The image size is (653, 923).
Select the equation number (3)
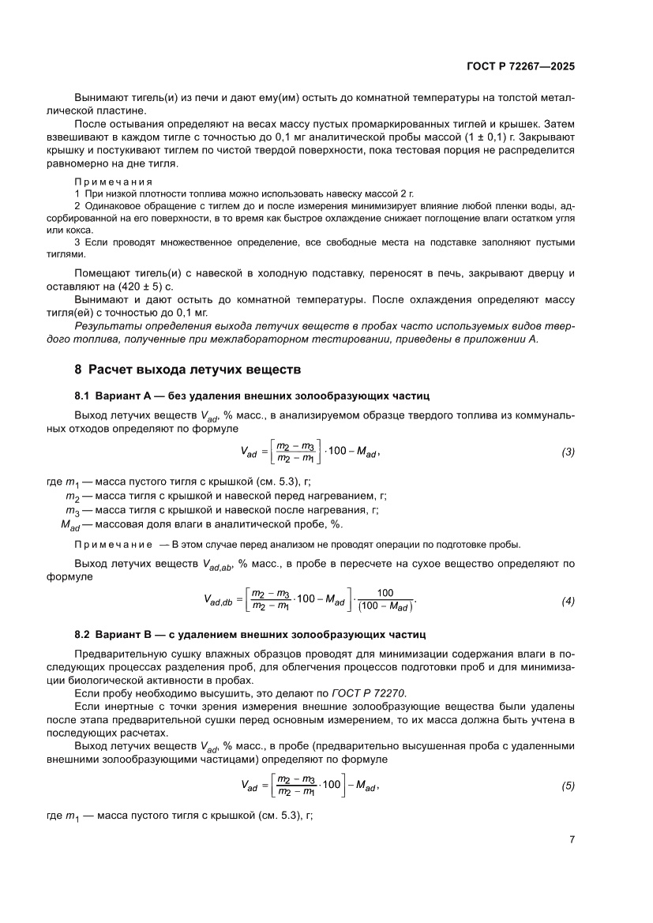click(568, 452)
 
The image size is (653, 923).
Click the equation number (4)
click(568, 602)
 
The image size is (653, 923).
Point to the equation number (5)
click(568, 786)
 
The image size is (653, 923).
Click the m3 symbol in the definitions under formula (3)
click(73, 511)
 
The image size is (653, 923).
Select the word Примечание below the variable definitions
click(112, 545)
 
